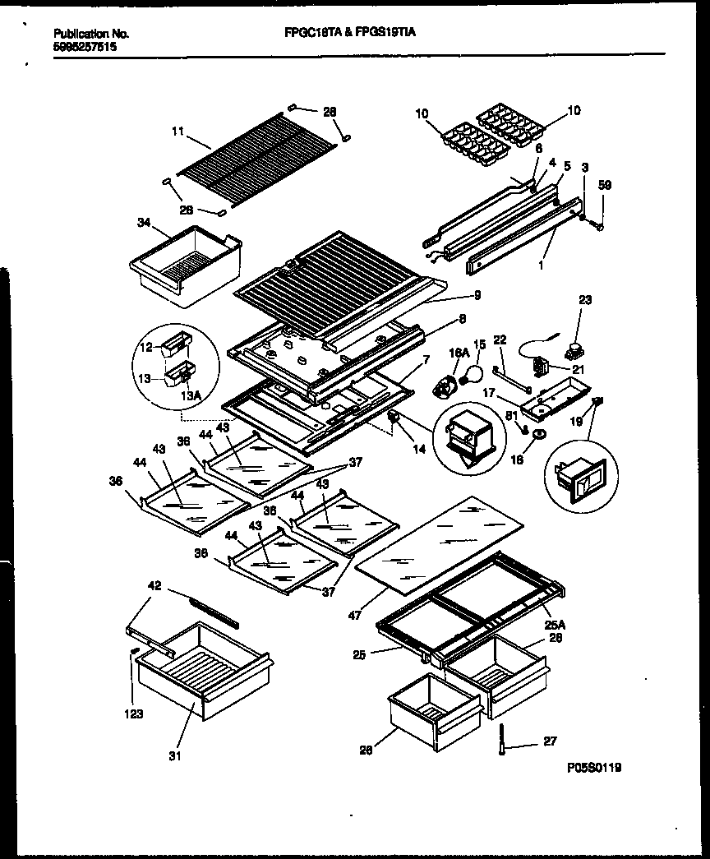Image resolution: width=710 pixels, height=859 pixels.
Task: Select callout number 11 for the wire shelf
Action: coord(178,131)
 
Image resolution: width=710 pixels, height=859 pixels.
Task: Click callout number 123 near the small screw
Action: coord(134,714)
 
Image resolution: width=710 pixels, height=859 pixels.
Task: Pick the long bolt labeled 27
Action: coord(500,737)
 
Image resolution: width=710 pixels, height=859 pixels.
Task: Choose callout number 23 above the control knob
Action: coord(584,302)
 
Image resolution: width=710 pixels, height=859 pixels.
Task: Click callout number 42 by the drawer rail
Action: coord(154,586)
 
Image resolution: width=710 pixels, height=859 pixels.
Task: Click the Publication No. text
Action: coord(90,34)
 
